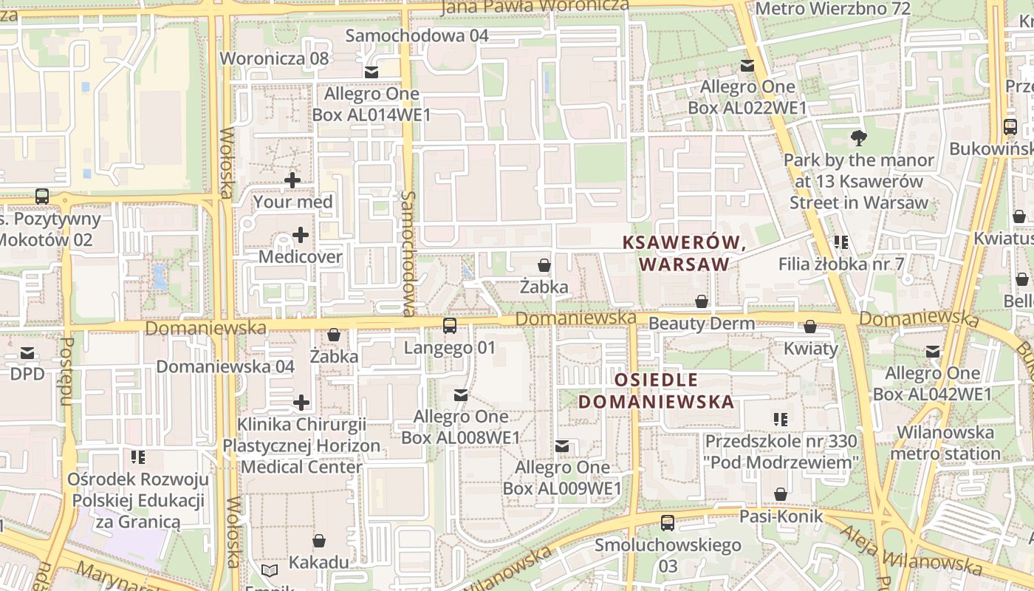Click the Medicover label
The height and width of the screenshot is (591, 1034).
pyautogui.click(x=300, y=257)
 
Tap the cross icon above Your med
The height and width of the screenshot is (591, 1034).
pyautogui.click(x=292, y=180)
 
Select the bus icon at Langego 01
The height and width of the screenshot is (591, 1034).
pyautogui.click(x=449, y=326)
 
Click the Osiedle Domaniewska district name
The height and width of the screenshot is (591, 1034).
pyautogui.click(x=656, y=391)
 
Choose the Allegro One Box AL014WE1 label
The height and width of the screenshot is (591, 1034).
pyautogui.click(x=372, y=104)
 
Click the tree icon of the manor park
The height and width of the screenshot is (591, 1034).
pyautogui.click(x=858, y=137)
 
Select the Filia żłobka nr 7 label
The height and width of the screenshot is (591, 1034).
pyautogui.click(x=841, y=264)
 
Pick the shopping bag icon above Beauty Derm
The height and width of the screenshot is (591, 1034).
pyautogui.click(x=701, y=301)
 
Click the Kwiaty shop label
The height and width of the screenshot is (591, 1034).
pyautogui.click(x=811, y=349)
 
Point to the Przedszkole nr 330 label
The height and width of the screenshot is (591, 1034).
pyautogui.click(x=781, y=451)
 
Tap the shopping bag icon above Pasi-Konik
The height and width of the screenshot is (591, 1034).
pyautogui.click(x=781, y=494)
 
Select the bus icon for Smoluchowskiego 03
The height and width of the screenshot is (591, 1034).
pyautogui.click(x=668, y=523)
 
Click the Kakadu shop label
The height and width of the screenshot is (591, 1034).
pyautogui.click(x=318, y=562)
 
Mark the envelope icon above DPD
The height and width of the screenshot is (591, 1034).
pyautogui.click(x=27, y=352)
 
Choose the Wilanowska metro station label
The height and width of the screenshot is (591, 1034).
pyautogui.click(x=945, y=443)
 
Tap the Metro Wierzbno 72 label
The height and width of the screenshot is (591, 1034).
pyautogui.click(x=834, y=9)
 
